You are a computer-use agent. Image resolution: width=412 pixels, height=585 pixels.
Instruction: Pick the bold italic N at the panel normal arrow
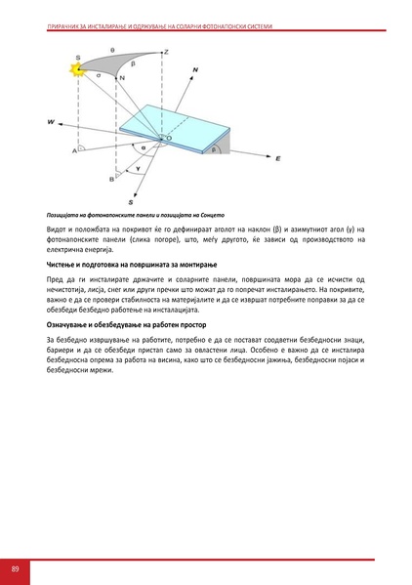coord(195,70)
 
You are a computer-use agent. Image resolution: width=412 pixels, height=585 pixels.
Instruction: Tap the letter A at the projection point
coord(75,151)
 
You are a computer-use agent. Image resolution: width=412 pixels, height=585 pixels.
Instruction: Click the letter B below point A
coord(111,180)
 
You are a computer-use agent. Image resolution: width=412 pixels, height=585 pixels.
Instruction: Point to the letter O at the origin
coord(168,140)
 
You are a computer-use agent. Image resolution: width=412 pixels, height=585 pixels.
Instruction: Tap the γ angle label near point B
coord(137,168)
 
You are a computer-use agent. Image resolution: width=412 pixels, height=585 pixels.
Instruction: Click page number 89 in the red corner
coord(17,568)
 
